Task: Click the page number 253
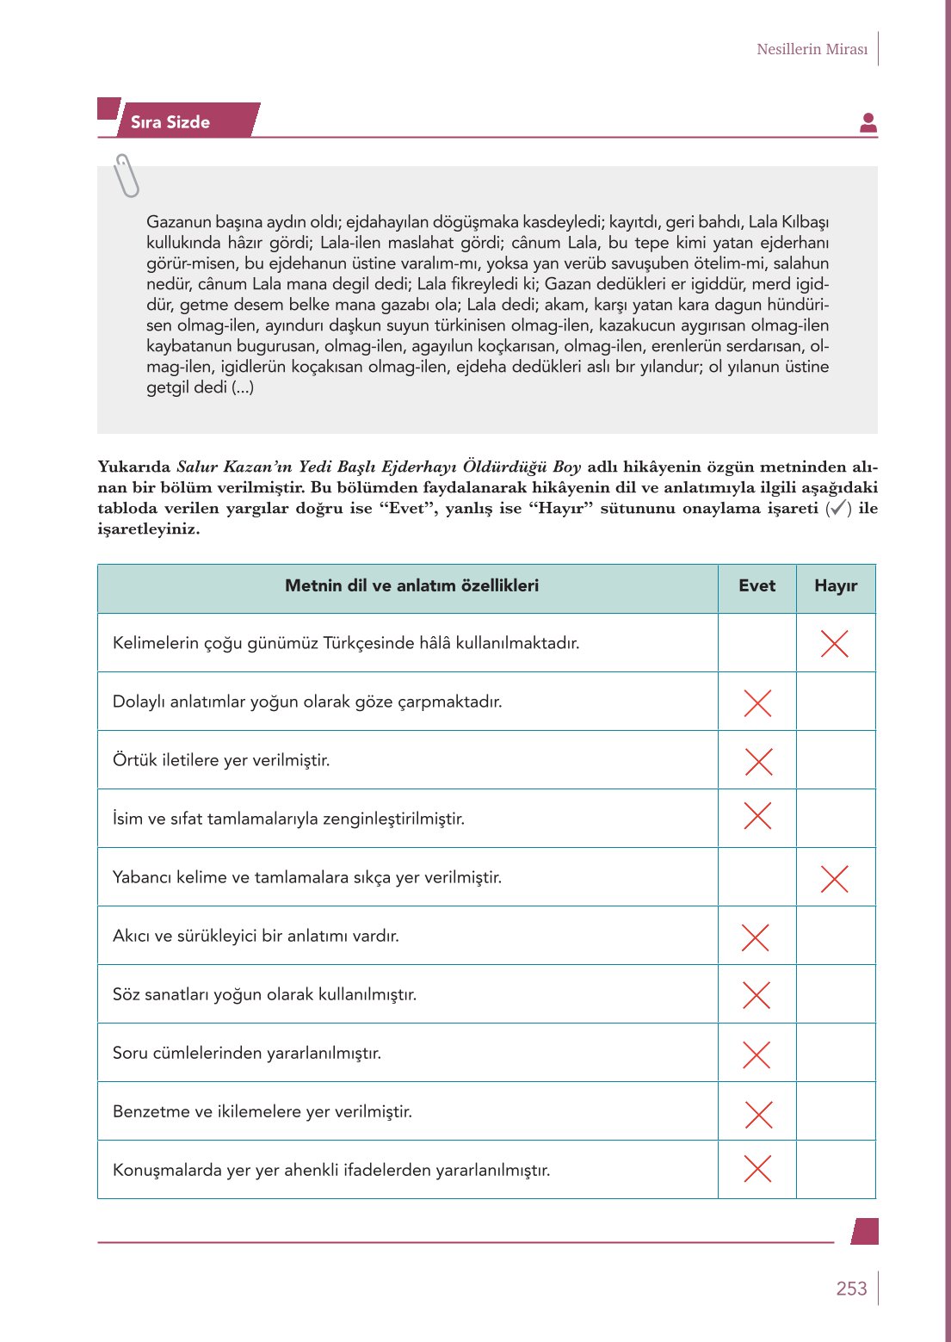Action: coord(850,1288)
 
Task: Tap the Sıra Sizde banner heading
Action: coord(170,122)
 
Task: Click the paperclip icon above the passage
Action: coord(127,176)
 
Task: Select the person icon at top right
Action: coord(868,123)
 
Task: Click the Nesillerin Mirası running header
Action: coord(812,49)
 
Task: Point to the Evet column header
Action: coord(756,586)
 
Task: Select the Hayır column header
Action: coord(835,586)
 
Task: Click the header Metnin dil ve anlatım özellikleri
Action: coord(411,586)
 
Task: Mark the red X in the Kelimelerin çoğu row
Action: coord(834,643)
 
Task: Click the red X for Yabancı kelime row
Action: coord(834,878)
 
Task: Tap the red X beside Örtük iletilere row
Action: coord(757,761)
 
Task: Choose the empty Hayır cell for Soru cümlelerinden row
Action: coord(835,1053)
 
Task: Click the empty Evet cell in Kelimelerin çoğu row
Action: coord(756,643)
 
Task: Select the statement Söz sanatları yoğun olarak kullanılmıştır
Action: coord(264,994)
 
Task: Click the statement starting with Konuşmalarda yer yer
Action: coord(331,1170)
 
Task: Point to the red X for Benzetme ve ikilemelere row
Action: coord(757,1114)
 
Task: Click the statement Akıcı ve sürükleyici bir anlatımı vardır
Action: coord(256,936)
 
